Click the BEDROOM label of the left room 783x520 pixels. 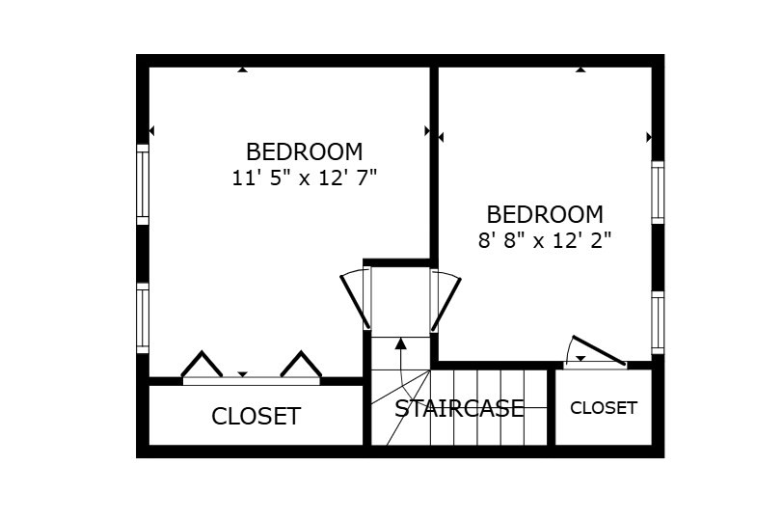[304, 152]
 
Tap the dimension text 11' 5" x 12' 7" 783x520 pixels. [304, 178]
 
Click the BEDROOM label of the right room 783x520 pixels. [545, 214]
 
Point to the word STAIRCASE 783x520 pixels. [459, 408]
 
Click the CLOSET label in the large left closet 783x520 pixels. [256, 417]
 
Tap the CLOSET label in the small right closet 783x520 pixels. [604, 408]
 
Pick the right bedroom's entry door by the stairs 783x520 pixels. [445, 300]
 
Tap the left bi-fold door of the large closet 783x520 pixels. [202, 365]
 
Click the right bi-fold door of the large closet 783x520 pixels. [301, 365]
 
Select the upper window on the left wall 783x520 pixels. [143, 184]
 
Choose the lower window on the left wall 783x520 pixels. [143, 318]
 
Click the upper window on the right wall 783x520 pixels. [658, 192]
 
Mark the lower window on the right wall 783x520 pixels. [658, 322]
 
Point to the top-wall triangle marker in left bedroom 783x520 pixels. [242, 69]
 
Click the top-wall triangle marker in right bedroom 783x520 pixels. [580, 69]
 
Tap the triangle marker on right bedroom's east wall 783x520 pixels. [649, 137]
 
